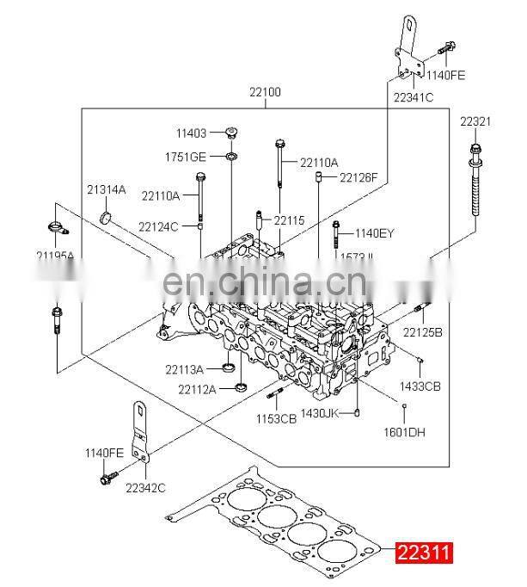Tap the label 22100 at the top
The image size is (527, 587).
(265, 92)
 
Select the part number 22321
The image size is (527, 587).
(475, 121)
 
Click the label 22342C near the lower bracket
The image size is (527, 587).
(144, 487)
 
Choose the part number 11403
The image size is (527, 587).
(192, 133)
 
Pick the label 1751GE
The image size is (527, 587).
(186, 157)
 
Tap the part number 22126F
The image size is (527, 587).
(358, 177)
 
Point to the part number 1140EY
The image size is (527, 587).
(374, 232)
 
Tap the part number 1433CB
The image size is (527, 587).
(421, 386)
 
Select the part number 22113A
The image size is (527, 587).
(184, 370)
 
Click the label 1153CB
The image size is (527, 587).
(276, 419)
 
